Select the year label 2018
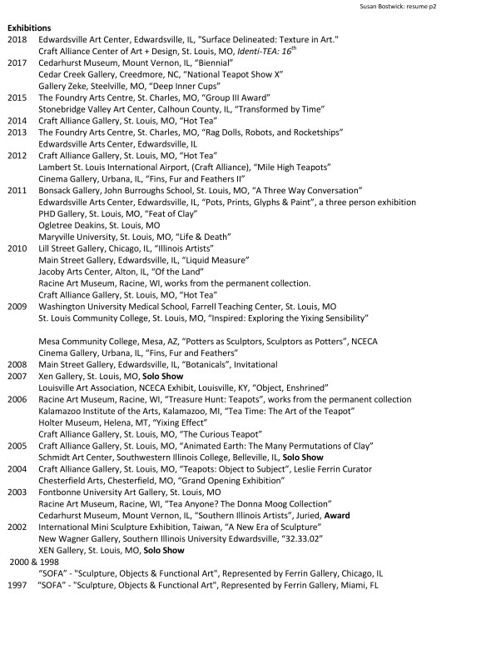pos(17,40)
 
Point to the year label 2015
pos(17,97)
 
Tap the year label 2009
pos(17,307)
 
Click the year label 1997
pos(17,585)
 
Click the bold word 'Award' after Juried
pos(337,516)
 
